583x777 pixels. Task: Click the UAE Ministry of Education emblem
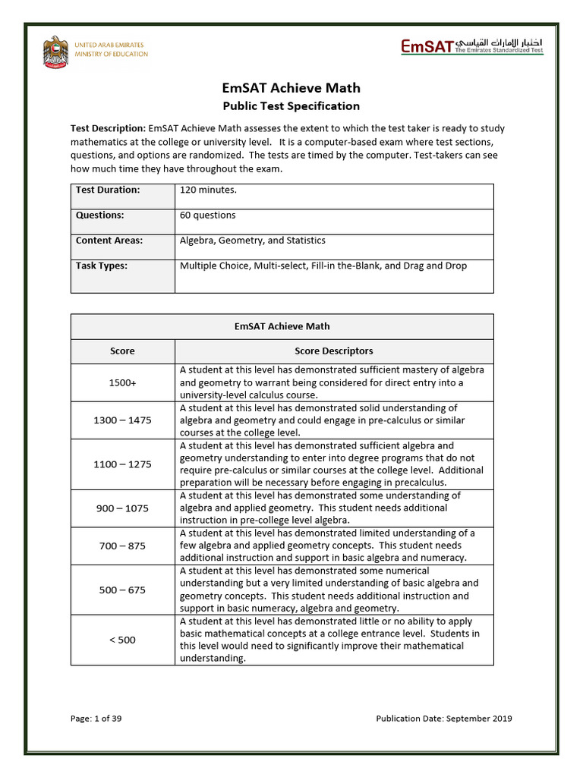tap(55, 52)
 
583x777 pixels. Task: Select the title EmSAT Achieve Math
tap(291, 89)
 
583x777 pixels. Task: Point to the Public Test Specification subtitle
tap(291, 106)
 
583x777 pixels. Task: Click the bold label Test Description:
tap(109, 129)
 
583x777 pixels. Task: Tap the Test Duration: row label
tap(108, 190)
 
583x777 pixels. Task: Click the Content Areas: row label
tap(109, 241)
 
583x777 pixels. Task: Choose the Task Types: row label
tap(102, 266)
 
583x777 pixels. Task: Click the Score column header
tap(122, 351)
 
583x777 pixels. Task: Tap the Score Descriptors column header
tap(333, 351)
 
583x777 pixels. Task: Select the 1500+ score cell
tap(122, 383)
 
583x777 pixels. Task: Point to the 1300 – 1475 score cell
tap(122, 420)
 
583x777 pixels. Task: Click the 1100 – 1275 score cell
tap(122, 464)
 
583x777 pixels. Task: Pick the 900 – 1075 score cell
tap(122, 508)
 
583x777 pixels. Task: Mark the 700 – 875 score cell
tap(122, 546)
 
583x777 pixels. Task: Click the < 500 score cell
tap(122, 640)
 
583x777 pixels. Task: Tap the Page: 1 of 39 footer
tap(96, 719)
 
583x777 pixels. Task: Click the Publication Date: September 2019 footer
tap(444, 719)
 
